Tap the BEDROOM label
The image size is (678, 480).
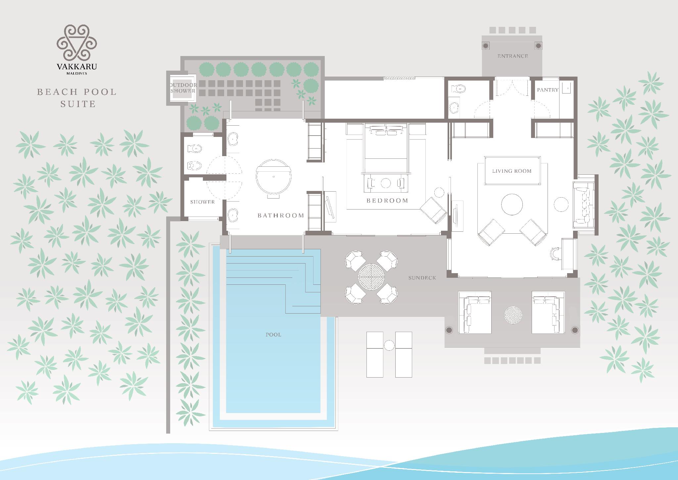(x=387, y=201)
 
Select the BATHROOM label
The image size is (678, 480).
(x=281, y=215)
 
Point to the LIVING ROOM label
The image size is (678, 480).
(x=512, y=171)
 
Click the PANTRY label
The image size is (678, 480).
(x=548, y=90)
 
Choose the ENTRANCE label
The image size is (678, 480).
(x=512, y=56)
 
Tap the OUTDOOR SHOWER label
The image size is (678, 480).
(x=183, y=88)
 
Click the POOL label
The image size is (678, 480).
(x=273, y=335)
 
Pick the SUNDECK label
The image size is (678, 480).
(x=422, y=278)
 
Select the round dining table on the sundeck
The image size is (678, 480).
(x=371, y=277)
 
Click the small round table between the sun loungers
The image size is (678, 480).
(x=389, y=345)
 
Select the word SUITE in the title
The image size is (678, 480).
(x=78, y=104)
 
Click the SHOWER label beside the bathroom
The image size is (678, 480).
(x=202, y=202)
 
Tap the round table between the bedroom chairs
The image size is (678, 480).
(x=386, y=183)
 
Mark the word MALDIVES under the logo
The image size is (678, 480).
(x=77, y=74)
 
